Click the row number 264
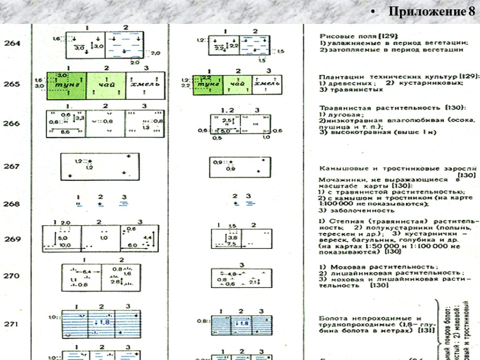pos(12,43)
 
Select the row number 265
pos(12,84)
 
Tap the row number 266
pos(12,124)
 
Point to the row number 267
pos(12,166)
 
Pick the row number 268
pos(12,204)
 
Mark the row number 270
pos(12,276)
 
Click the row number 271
pos(12,324)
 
